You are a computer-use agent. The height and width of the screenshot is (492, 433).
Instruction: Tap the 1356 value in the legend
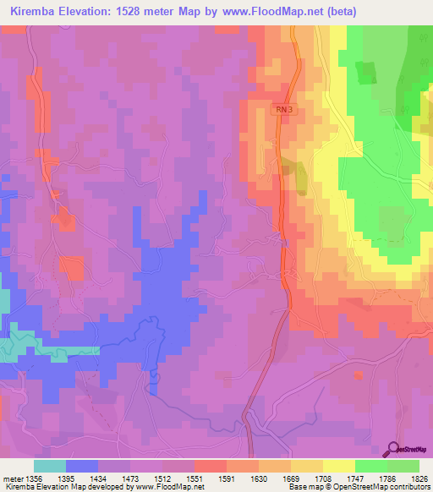pos(34,478)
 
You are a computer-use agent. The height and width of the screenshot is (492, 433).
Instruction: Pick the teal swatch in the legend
pos(50,466)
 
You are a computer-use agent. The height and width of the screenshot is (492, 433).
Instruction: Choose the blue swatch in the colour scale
pos(82,466)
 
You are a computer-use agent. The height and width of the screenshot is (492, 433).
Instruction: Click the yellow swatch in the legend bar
pos(338,466)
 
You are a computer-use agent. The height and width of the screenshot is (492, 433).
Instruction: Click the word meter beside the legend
pos(13,478)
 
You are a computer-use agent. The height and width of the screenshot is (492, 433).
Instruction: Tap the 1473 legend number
pos(131,478)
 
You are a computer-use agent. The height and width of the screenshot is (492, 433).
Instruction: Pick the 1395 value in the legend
pos(66,478)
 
